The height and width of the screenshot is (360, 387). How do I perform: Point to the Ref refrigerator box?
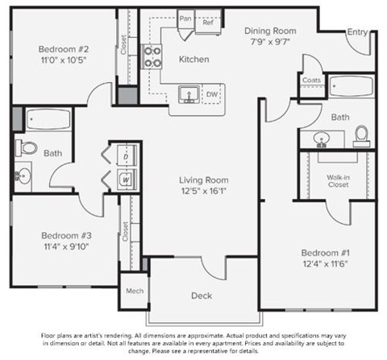[207, 22]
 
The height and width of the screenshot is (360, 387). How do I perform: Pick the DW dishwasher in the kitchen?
[212, 94]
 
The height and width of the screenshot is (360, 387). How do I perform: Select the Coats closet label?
[312, 80]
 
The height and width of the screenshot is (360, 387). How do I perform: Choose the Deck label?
[202, 296]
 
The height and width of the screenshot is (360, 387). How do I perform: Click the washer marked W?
[127, 179]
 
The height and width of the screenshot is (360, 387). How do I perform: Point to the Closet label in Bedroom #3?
[125, 232]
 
